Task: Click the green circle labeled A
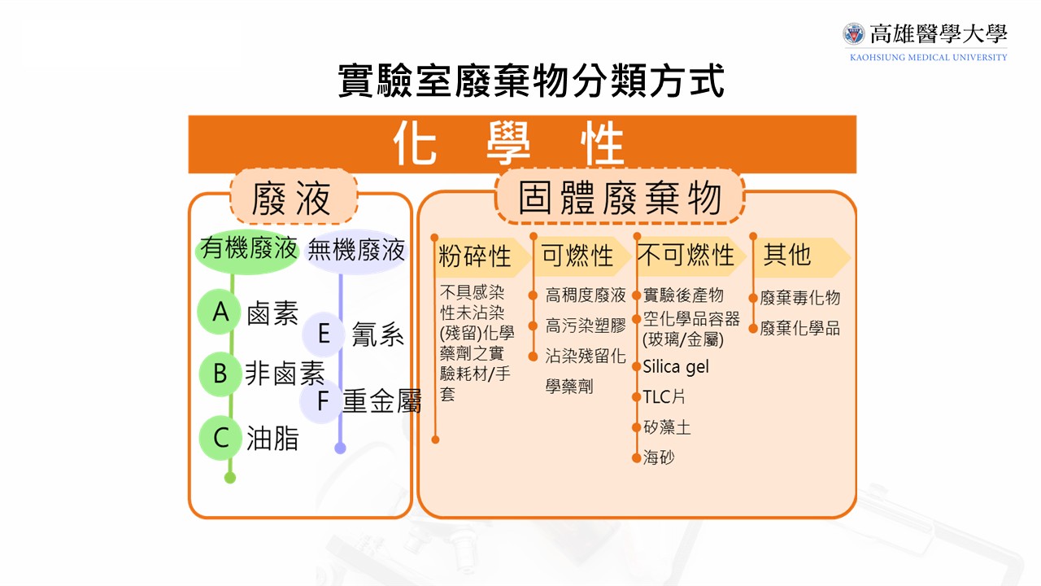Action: point(220,312)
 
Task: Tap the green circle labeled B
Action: point(220,374)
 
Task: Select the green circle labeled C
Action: point(221,438)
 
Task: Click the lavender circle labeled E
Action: point(324,334)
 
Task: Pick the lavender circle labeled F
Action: point(322,401)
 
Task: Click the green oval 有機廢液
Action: point(248,250)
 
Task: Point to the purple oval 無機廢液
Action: point(356,250)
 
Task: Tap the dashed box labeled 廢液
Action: point(293,198)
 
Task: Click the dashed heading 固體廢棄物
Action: point(620,198)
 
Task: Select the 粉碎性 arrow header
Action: point(475,256)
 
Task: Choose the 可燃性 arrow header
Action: point(578,256)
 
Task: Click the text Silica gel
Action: point(676,367)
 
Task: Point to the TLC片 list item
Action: point(664,397)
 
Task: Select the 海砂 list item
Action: point(659,457)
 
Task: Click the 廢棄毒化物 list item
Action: point(799,298)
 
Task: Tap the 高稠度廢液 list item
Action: point(586,295)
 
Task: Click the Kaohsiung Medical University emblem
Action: point(854,34)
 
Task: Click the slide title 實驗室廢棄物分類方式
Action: point(530,81)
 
